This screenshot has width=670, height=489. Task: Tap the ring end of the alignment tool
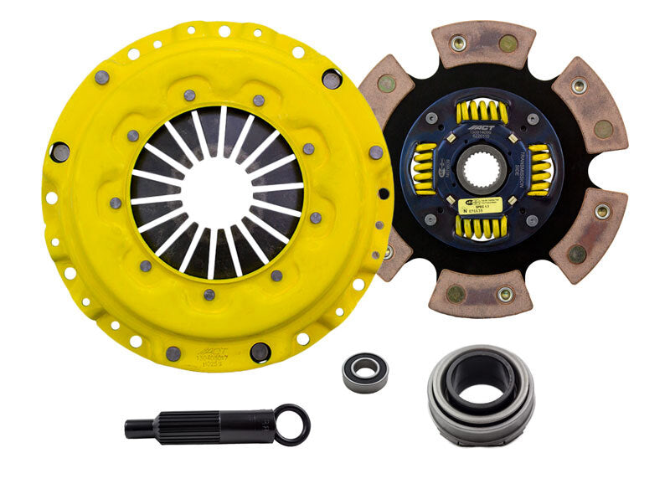pyautogui.click(x=292, y=424)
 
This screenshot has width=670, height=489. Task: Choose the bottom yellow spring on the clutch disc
pyautogui.click(x=480, y=225)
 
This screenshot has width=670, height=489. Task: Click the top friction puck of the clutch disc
pyautogui.click(x=482, y=44)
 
